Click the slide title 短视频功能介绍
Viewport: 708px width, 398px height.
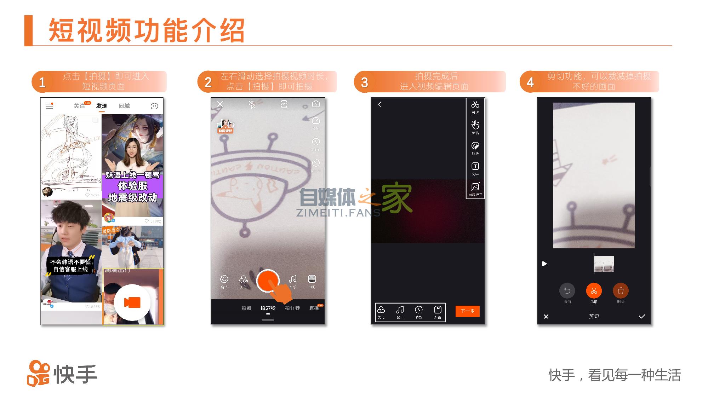pos(147,30)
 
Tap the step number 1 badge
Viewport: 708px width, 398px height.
pos(42,82)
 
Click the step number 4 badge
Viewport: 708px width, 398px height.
pos(530,82)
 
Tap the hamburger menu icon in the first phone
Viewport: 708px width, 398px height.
pos(50,106)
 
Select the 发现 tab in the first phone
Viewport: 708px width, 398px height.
pos(102,106)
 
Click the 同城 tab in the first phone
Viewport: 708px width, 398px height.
pos(124,106)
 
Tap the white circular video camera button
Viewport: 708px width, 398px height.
pos(132,302)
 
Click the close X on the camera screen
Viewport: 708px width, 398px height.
pos(220,104)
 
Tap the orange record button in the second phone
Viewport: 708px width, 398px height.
pos(268,281)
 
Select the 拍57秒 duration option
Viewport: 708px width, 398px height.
pos(268,308)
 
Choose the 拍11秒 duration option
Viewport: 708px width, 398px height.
pos(292,308)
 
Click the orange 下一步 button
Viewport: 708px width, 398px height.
pos(467,311)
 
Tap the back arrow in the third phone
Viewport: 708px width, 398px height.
pos(380,104)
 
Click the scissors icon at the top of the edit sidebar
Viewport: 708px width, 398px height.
pos(475,105)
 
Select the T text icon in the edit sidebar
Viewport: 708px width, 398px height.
pos(475,166)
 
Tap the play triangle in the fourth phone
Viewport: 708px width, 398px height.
pos(544,264)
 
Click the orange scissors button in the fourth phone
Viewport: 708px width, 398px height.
pos(594,291)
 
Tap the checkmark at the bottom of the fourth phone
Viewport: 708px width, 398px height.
pos(642,316)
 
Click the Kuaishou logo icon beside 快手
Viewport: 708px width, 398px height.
pos(38,374)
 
